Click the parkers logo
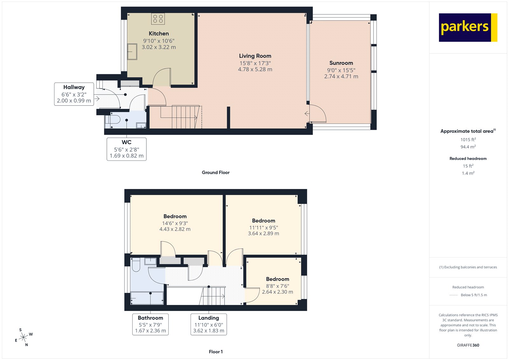tap(468, 27)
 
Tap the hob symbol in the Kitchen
tap(158, 19)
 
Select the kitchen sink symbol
tap(132, 52)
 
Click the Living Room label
tap(255, 56)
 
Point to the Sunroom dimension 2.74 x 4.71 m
tap(341, 76)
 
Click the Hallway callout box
tap(74, 94)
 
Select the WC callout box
tap(127, 149)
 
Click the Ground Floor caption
tap(215, 173)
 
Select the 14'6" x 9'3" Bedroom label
tap(175, 216)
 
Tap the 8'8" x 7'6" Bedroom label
tap(277, 279)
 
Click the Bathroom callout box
tap(150, 324)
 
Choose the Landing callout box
tap(209, 324)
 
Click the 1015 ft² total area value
tap(468, 139)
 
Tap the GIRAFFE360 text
tap(468, 345)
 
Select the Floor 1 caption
tap(216, 352)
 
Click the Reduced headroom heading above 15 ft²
tap(468, 159)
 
